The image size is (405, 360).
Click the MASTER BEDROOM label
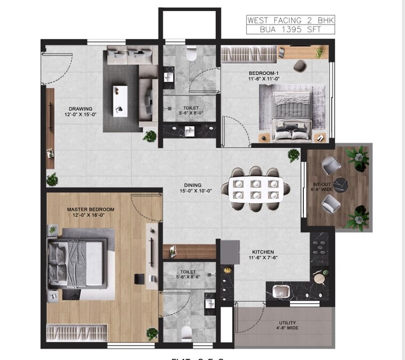91,209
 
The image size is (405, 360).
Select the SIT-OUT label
322,185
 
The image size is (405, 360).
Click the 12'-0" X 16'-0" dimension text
91,216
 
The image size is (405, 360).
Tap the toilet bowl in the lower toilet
187,334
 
